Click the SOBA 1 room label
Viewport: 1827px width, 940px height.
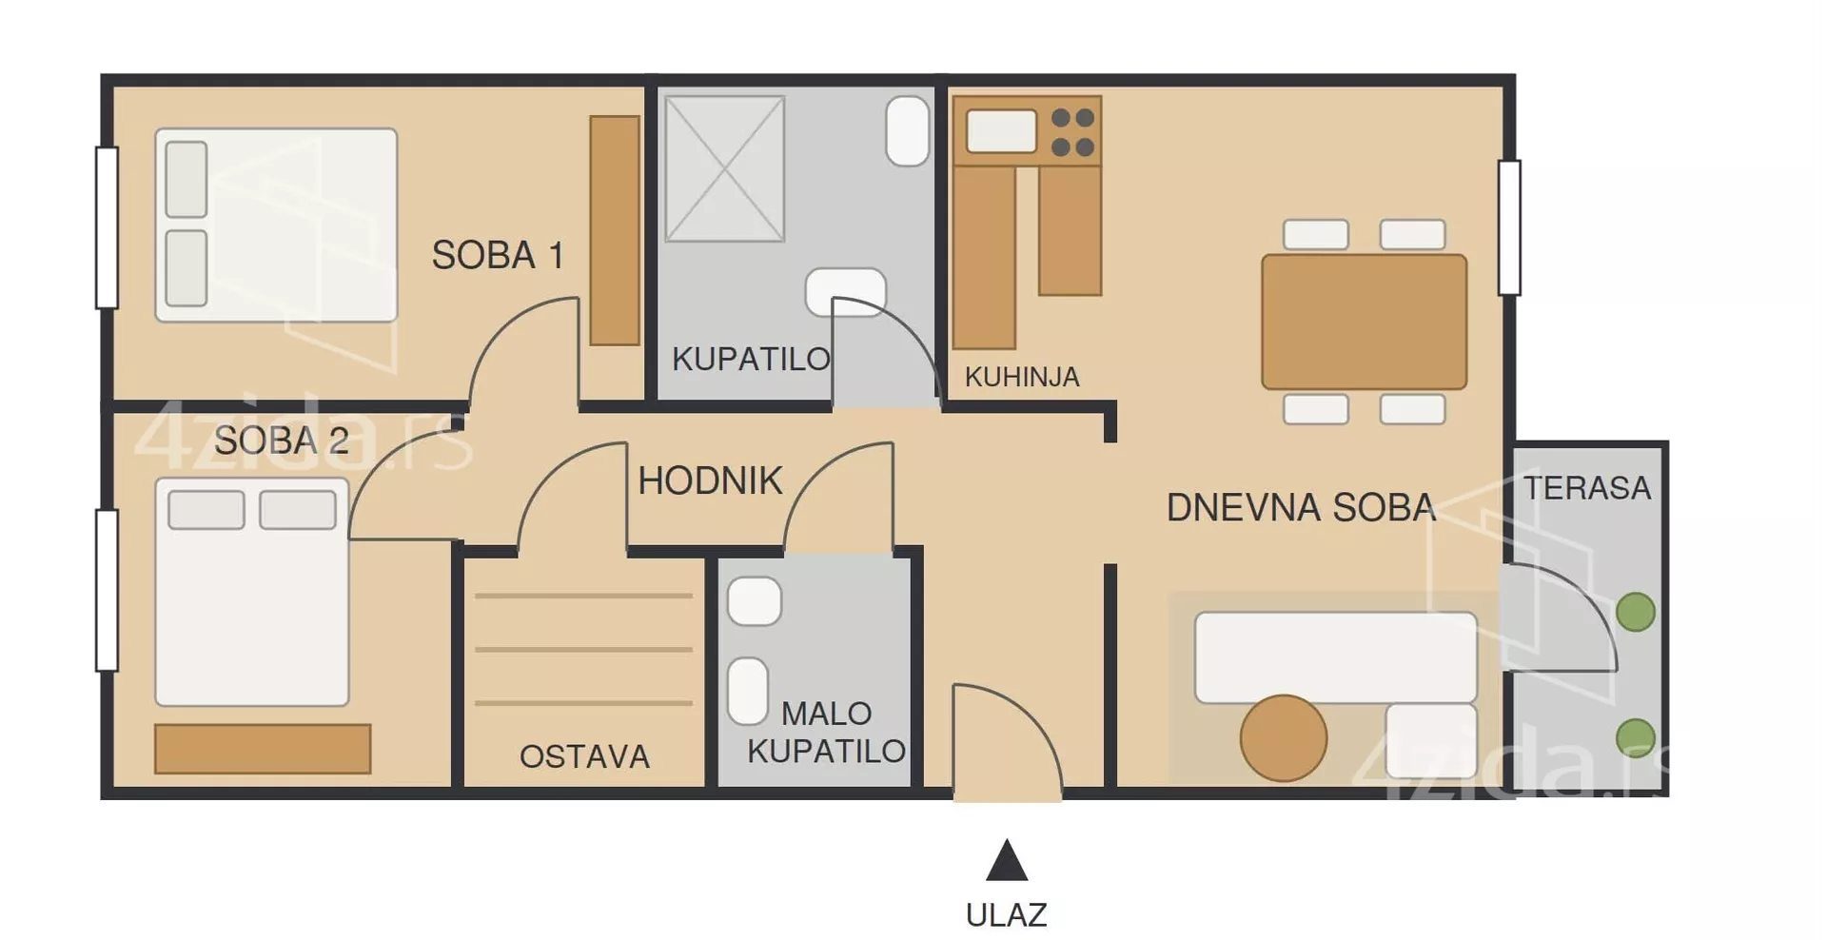pos(498,255)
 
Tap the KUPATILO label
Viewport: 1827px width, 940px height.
pos(751,359)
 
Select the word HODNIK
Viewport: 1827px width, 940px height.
pos(710,480)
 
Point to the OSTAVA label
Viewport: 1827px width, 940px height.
pos(584,756)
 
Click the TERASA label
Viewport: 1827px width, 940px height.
pos(1587,488)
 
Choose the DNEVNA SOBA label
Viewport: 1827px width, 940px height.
pos(1301,507)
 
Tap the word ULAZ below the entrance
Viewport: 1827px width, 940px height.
pos(1006,914)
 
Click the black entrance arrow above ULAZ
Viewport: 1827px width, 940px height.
pos(1007,860)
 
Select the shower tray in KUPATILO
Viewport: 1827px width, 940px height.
pos(725,168)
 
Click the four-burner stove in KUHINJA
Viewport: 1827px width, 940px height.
pos(1072,132)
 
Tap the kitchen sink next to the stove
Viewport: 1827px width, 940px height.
pos(1001,131)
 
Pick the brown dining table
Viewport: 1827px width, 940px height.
pos(1364,322)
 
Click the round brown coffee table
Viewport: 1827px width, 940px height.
pos(1284,738)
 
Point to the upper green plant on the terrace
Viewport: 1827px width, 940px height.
pos(1636,612)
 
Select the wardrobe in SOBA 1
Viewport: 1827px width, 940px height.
pos(615,230)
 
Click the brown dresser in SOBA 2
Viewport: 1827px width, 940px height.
pos(263,749)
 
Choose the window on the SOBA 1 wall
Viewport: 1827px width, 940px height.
pos(107,227)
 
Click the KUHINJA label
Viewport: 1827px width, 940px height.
pos(1022,377)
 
